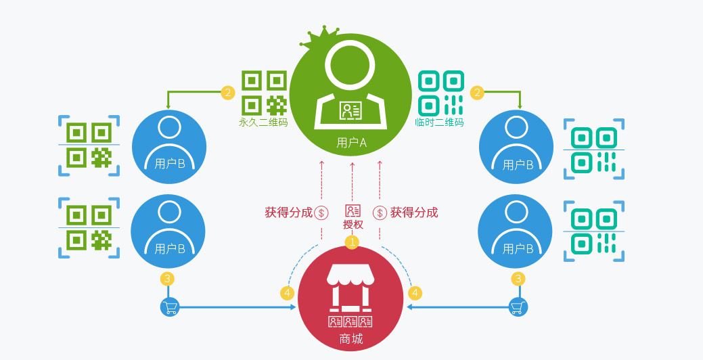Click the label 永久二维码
coord(263,122)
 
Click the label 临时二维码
coord(440,122)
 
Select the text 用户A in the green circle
coord(351,143)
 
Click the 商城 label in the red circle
coord(351,338)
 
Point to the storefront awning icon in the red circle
coord(350,274)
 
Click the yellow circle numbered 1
coord(352,242)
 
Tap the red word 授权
coord(353,225)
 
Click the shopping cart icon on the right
coord(518,307)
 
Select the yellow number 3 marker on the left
coord(168,278)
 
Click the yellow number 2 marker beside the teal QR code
coord(478,92)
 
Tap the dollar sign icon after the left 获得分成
coord(321,212)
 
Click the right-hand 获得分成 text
coord(414,212)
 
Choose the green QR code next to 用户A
coord(263,92)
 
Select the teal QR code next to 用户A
coord(440,92)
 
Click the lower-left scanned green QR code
coord(89,228)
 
